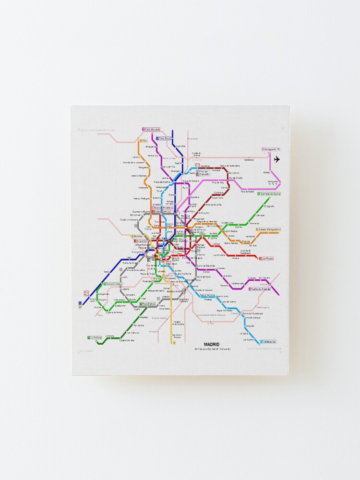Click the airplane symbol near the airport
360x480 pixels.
point(277,159)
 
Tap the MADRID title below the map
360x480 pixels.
point(211,344)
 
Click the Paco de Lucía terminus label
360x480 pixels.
point(152,129)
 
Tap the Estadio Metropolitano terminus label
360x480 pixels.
point(268,229)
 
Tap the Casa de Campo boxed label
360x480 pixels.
point(113,284)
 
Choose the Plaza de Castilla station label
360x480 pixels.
point(162,182)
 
